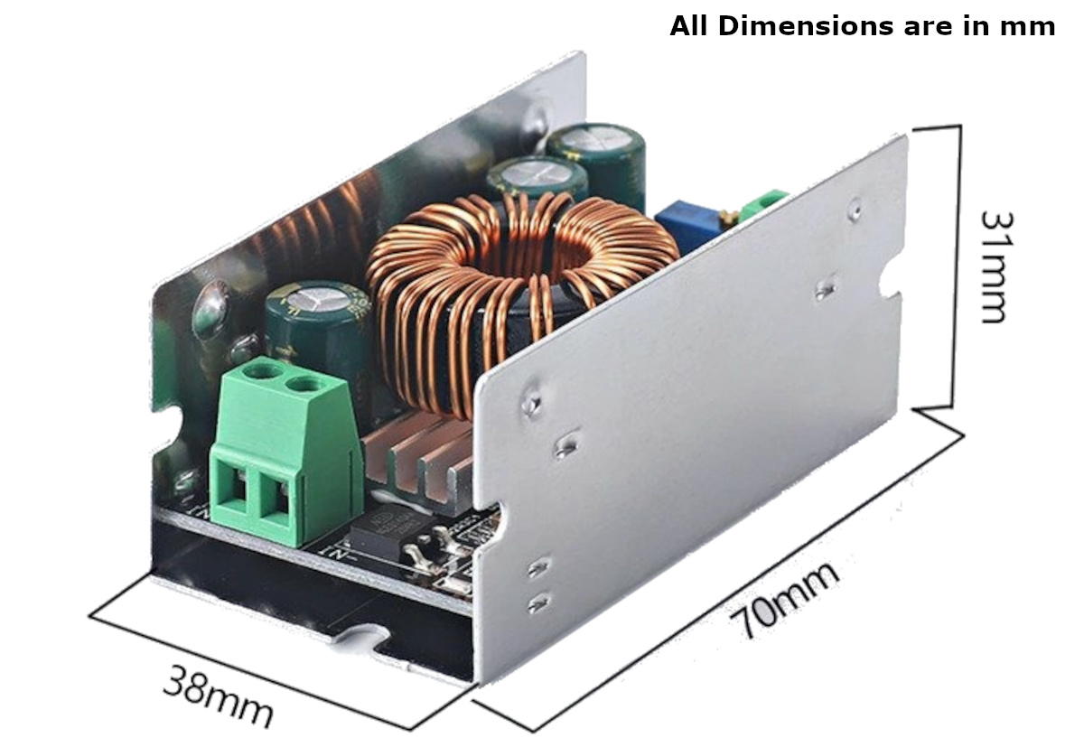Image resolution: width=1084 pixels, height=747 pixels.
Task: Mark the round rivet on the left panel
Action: click(x=210, y=306)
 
